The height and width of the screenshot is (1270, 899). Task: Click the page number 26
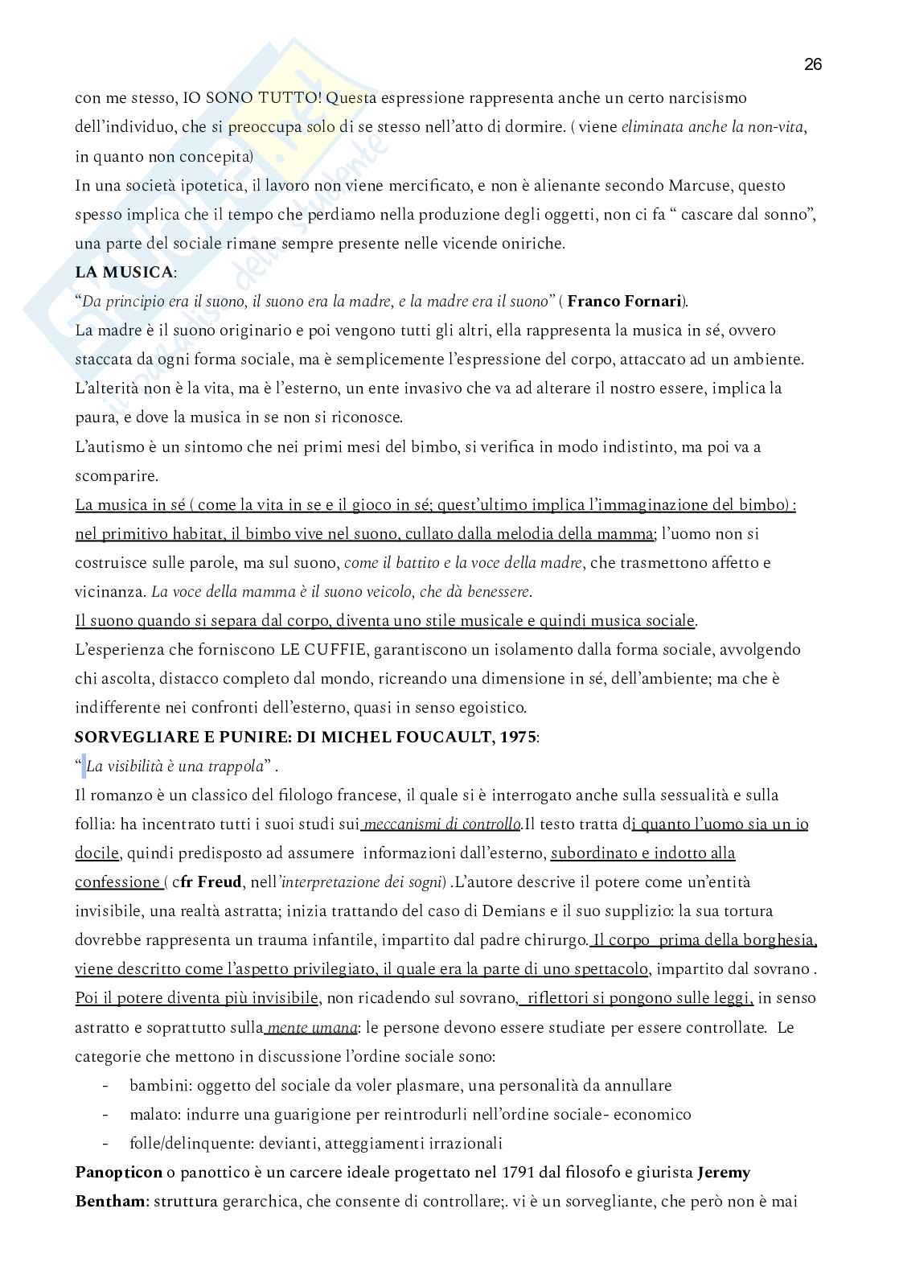[x=812, y=65]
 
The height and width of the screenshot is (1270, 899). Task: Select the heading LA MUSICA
[x=123, y=272]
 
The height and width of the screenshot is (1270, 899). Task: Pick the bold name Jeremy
[x=724, y=1173]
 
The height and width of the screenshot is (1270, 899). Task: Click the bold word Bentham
[x=111, y=1202]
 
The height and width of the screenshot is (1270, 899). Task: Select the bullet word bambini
[x=158, y=1086]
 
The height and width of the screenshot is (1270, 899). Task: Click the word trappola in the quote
[x=232, y=767]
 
